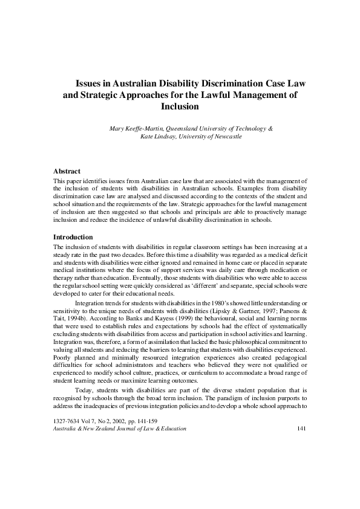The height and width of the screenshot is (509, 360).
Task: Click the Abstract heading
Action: (x=67, y=172)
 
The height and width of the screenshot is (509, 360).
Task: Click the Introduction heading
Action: (x=73, y=237)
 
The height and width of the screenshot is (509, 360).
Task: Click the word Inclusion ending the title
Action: (x=180, y=106)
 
